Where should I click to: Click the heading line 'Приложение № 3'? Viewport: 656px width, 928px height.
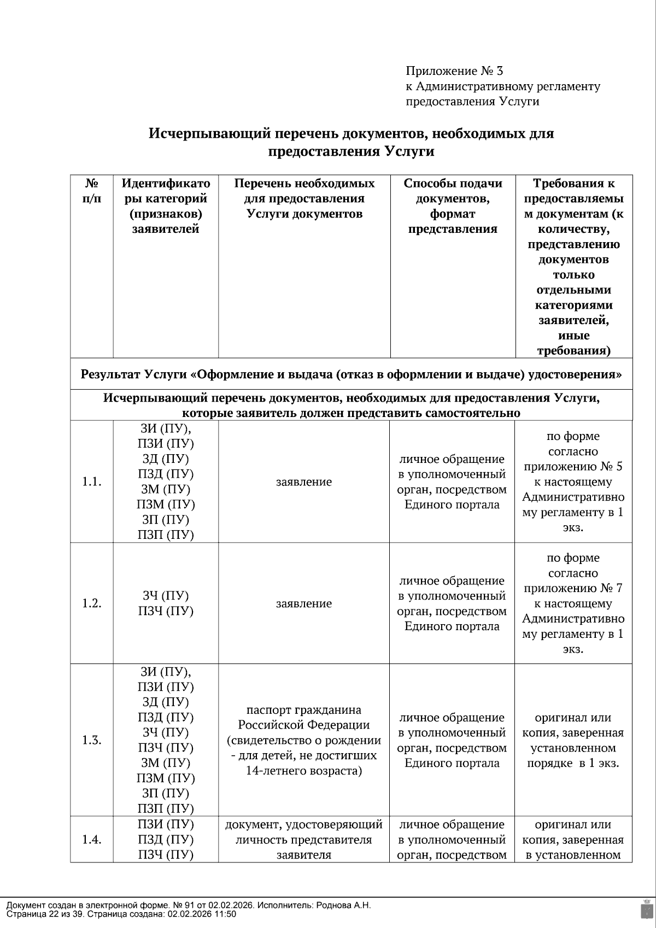[x=454, y=71]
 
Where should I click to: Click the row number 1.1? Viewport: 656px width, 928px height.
[x=92, y=482]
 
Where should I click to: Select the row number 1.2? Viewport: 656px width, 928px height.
[x=92, y=603]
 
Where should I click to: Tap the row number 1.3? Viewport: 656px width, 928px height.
[x=92, y=741]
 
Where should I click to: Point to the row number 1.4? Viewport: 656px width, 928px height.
[x=92, y=840]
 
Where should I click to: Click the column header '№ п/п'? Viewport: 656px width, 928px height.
[x=92, y=191]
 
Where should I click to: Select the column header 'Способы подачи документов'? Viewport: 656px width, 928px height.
[x=453, y=191]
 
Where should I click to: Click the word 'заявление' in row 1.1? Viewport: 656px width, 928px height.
[x=304, y=482]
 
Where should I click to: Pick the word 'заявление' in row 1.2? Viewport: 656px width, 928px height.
[x=304, y=603]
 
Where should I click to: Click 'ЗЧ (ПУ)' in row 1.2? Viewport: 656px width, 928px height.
[x=166, y=596]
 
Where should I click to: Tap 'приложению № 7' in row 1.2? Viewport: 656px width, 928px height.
[x=573, y=589]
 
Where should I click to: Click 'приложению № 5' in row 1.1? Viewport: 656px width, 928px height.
[x=573, y=467]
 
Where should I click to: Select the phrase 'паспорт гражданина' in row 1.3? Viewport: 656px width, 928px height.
[x=304, y=710]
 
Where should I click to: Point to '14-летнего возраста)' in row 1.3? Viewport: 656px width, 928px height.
[x=304, y=771]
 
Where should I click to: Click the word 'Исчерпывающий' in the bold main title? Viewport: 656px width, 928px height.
[x=210, y=133]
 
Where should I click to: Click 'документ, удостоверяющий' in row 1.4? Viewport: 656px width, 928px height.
[x=304, y=825]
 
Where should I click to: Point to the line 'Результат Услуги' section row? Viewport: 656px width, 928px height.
[x=351, y=375]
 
